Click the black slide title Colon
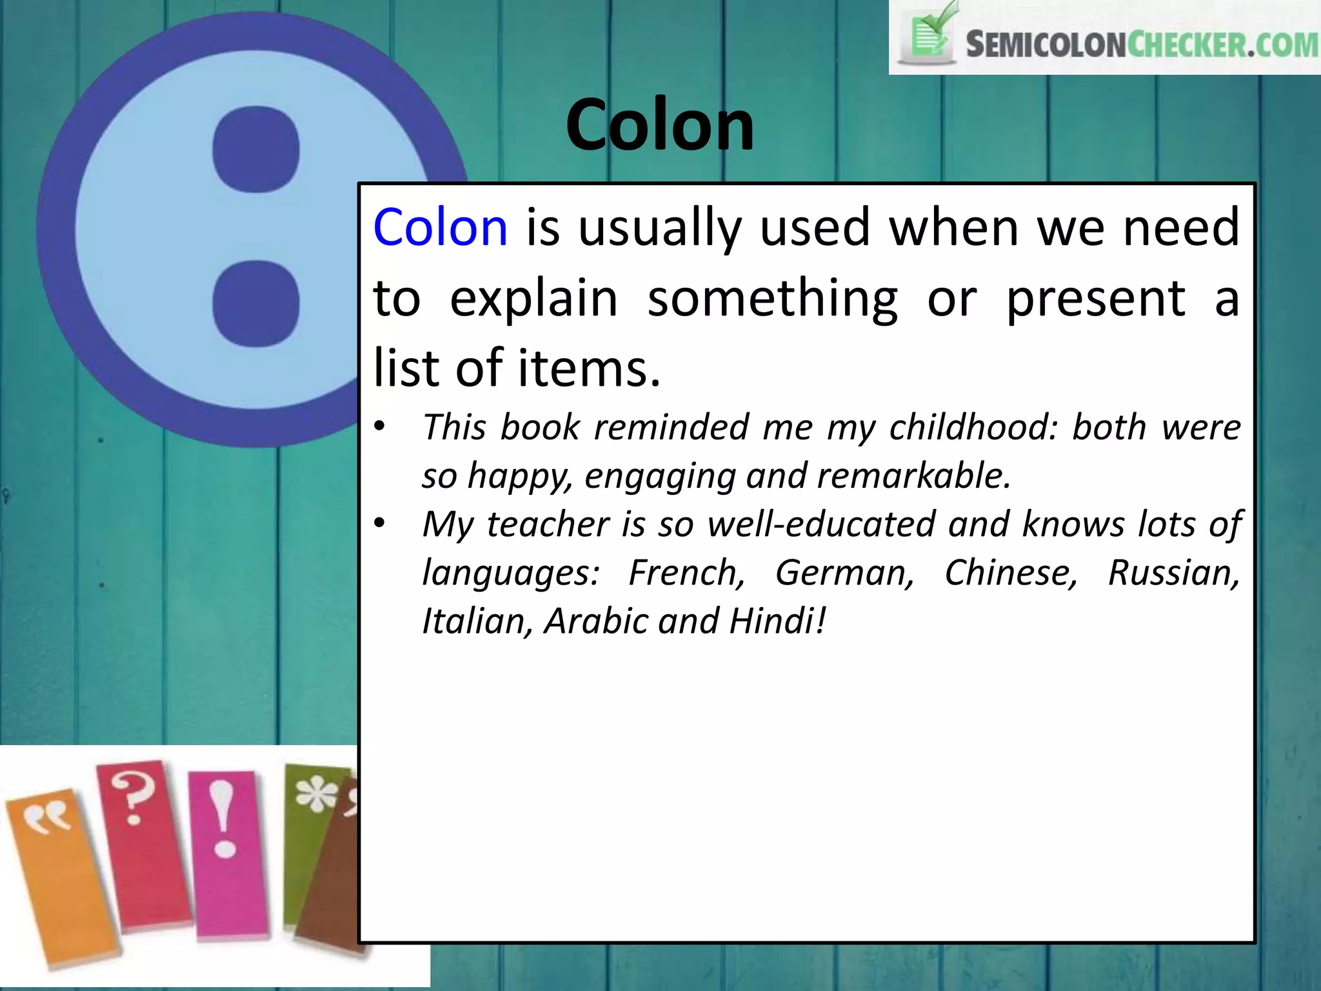click(660, 125)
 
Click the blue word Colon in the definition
click(441, 227)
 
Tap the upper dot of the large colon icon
click(256, 149)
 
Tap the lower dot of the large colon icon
click(256, 303)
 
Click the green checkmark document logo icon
click(929, 35)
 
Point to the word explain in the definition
click(533, 298)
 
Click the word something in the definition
click(772, 298)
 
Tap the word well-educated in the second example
click(821, 523)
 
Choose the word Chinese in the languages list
click(1011, 572)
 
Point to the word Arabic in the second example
click(595, 621)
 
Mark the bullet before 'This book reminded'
click(379, 426)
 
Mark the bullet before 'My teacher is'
click(379, 523)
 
